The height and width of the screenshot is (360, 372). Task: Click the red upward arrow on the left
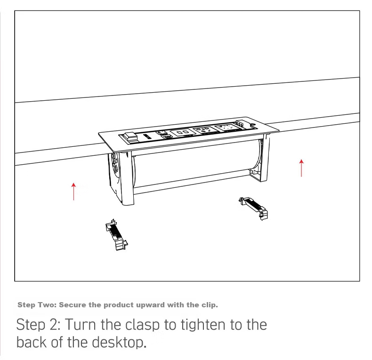point(74,192)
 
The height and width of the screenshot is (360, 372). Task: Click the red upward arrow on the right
point(301,168)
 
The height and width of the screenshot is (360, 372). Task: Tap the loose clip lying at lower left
point(116,234)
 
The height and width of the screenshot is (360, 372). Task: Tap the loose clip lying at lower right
point(253,208)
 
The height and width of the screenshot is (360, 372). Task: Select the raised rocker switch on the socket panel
point(130,137)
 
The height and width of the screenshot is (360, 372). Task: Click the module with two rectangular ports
point(182,132)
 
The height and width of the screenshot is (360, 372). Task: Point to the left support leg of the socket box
point(126,178)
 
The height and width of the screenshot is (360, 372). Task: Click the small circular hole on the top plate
point(252,124)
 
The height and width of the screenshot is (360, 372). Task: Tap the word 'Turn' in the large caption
point(81,325)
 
